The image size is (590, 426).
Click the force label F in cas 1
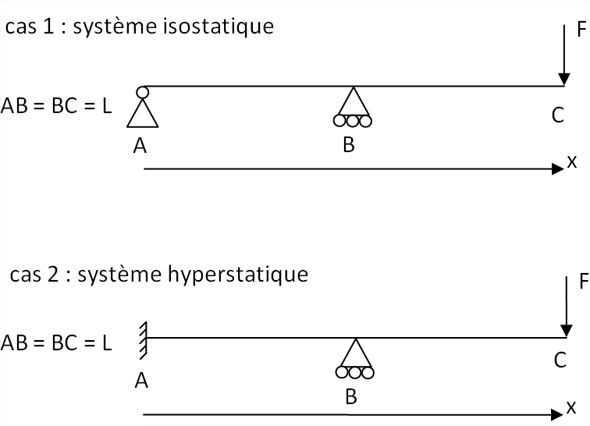click(581, 30)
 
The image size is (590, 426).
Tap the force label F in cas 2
click(581, 281)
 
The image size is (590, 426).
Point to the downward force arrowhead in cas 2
click(563, 329)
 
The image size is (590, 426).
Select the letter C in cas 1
click(557, 115)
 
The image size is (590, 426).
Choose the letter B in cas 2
click(351, 396)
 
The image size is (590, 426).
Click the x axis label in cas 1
click(572, 162)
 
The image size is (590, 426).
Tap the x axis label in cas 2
click(572, 406)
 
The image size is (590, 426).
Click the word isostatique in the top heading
click(231, 27)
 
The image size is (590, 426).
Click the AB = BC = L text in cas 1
click(56, 105)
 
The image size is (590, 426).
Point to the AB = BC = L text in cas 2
click(56, 343)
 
